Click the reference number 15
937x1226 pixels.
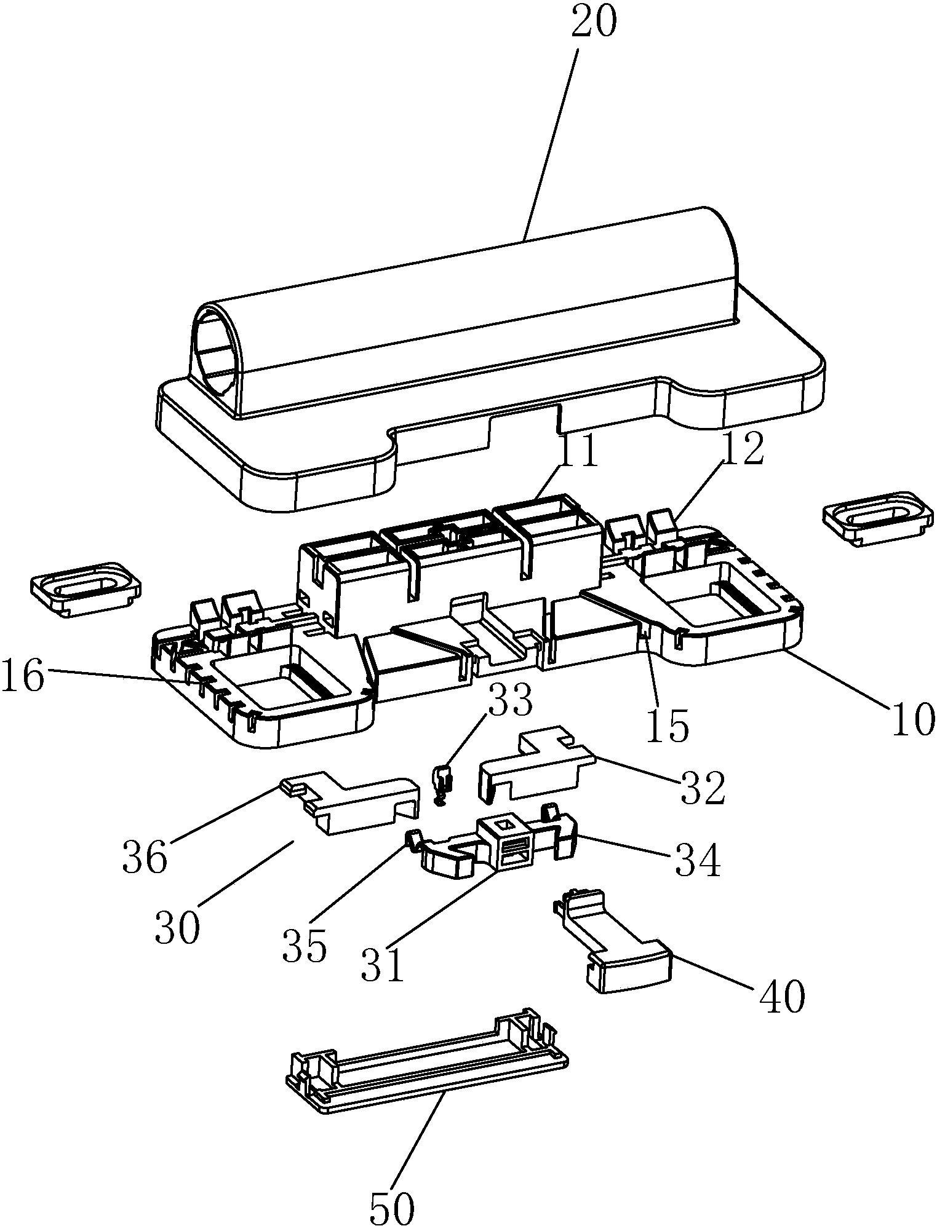click(x=669, y=727)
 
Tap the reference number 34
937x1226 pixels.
click(x=698, y=862)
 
